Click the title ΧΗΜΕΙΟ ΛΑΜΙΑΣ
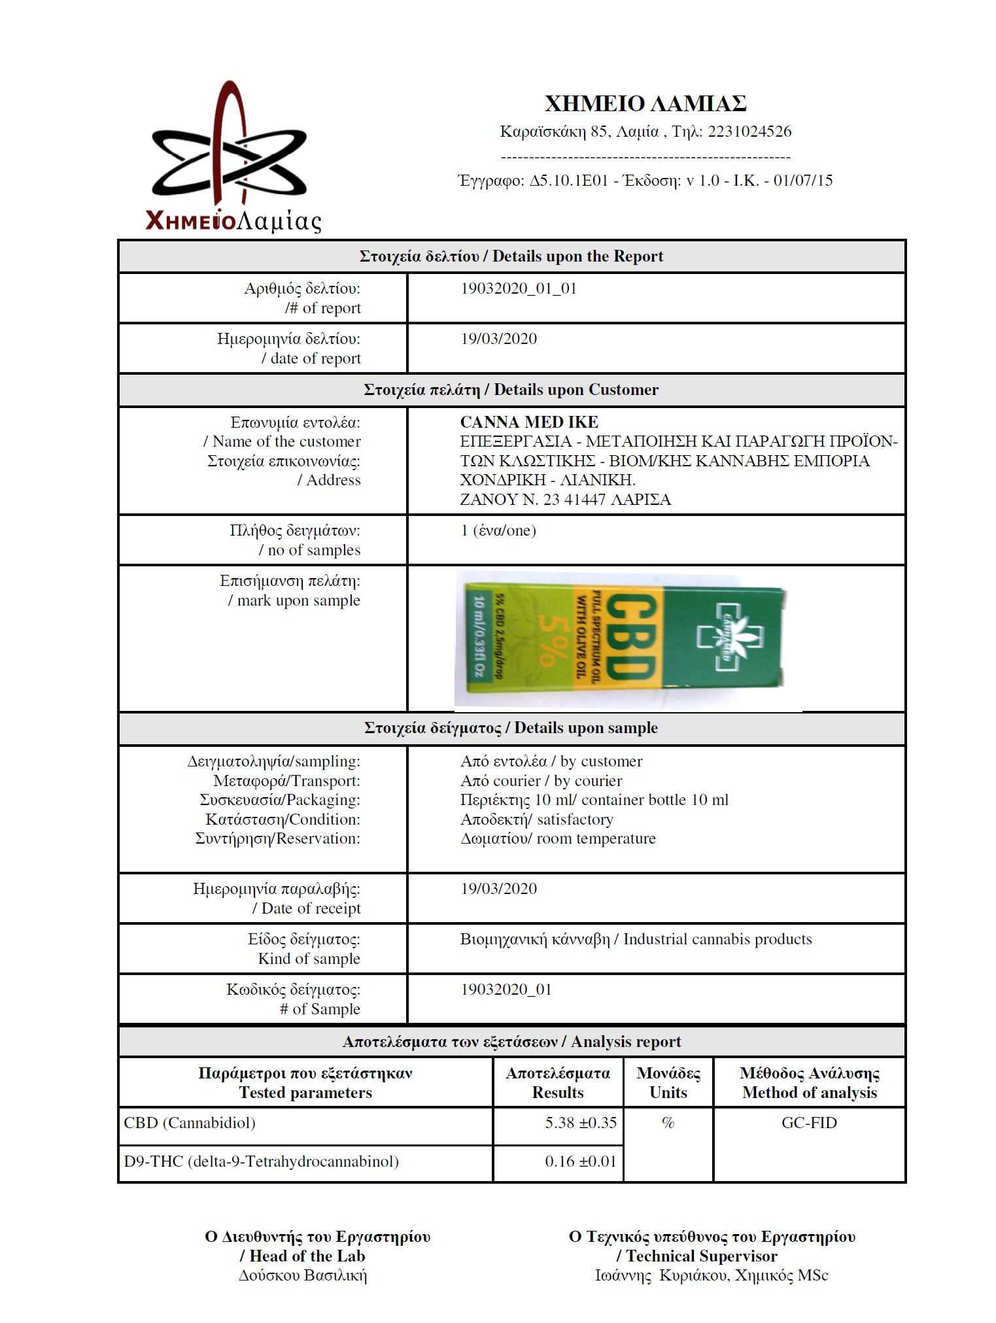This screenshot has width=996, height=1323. [645, 103]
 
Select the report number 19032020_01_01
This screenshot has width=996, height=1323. [519, 288]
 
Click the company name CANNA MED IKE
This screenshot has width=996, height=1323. [529, 422]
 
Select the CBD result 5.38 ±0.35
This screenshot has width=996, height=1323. [581, 1123]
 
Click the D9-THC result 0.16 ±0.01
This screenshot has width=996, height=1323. [581, 1161]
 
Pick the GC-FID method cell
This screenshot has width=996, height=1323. [809, 1123]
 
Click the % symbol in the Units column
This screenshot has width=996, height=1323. [668, 1123]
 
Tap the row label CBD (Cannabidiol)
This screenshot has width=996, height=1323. [190, 1123]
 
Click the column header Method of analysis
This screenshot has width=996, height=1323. [809, 1093]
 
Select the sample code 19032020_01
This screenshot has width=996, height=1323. [506, 989]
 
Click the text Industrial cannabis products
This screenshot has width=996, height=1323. [717, 939]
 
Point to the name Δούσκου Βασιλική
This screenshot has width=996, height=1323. [303, 1275]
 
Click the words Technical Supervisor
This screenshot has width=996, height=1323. [702, 1256]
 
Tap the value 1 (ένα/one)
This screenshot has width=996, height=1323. [498, 530]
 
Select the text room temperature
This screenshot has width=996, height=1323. [596, 838]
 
